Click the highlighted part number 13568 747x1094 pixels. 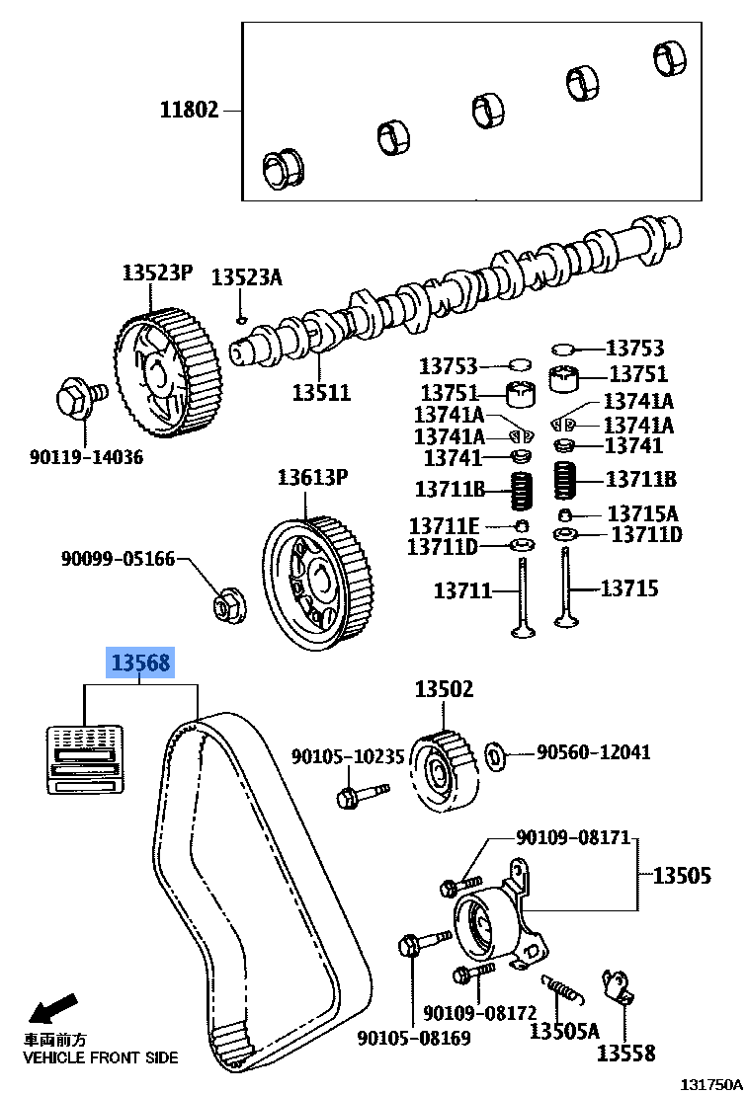pos(140,663)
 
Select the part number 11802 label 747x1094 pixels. pos(189,111)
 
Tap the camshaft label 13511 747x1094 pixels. pos(320,392)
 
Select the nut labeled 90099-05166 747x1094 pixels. pos(228,606)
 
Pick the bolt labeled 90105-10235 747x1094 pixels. pos(358,793)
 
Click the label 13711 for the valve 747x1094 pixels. pos(462,590)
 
